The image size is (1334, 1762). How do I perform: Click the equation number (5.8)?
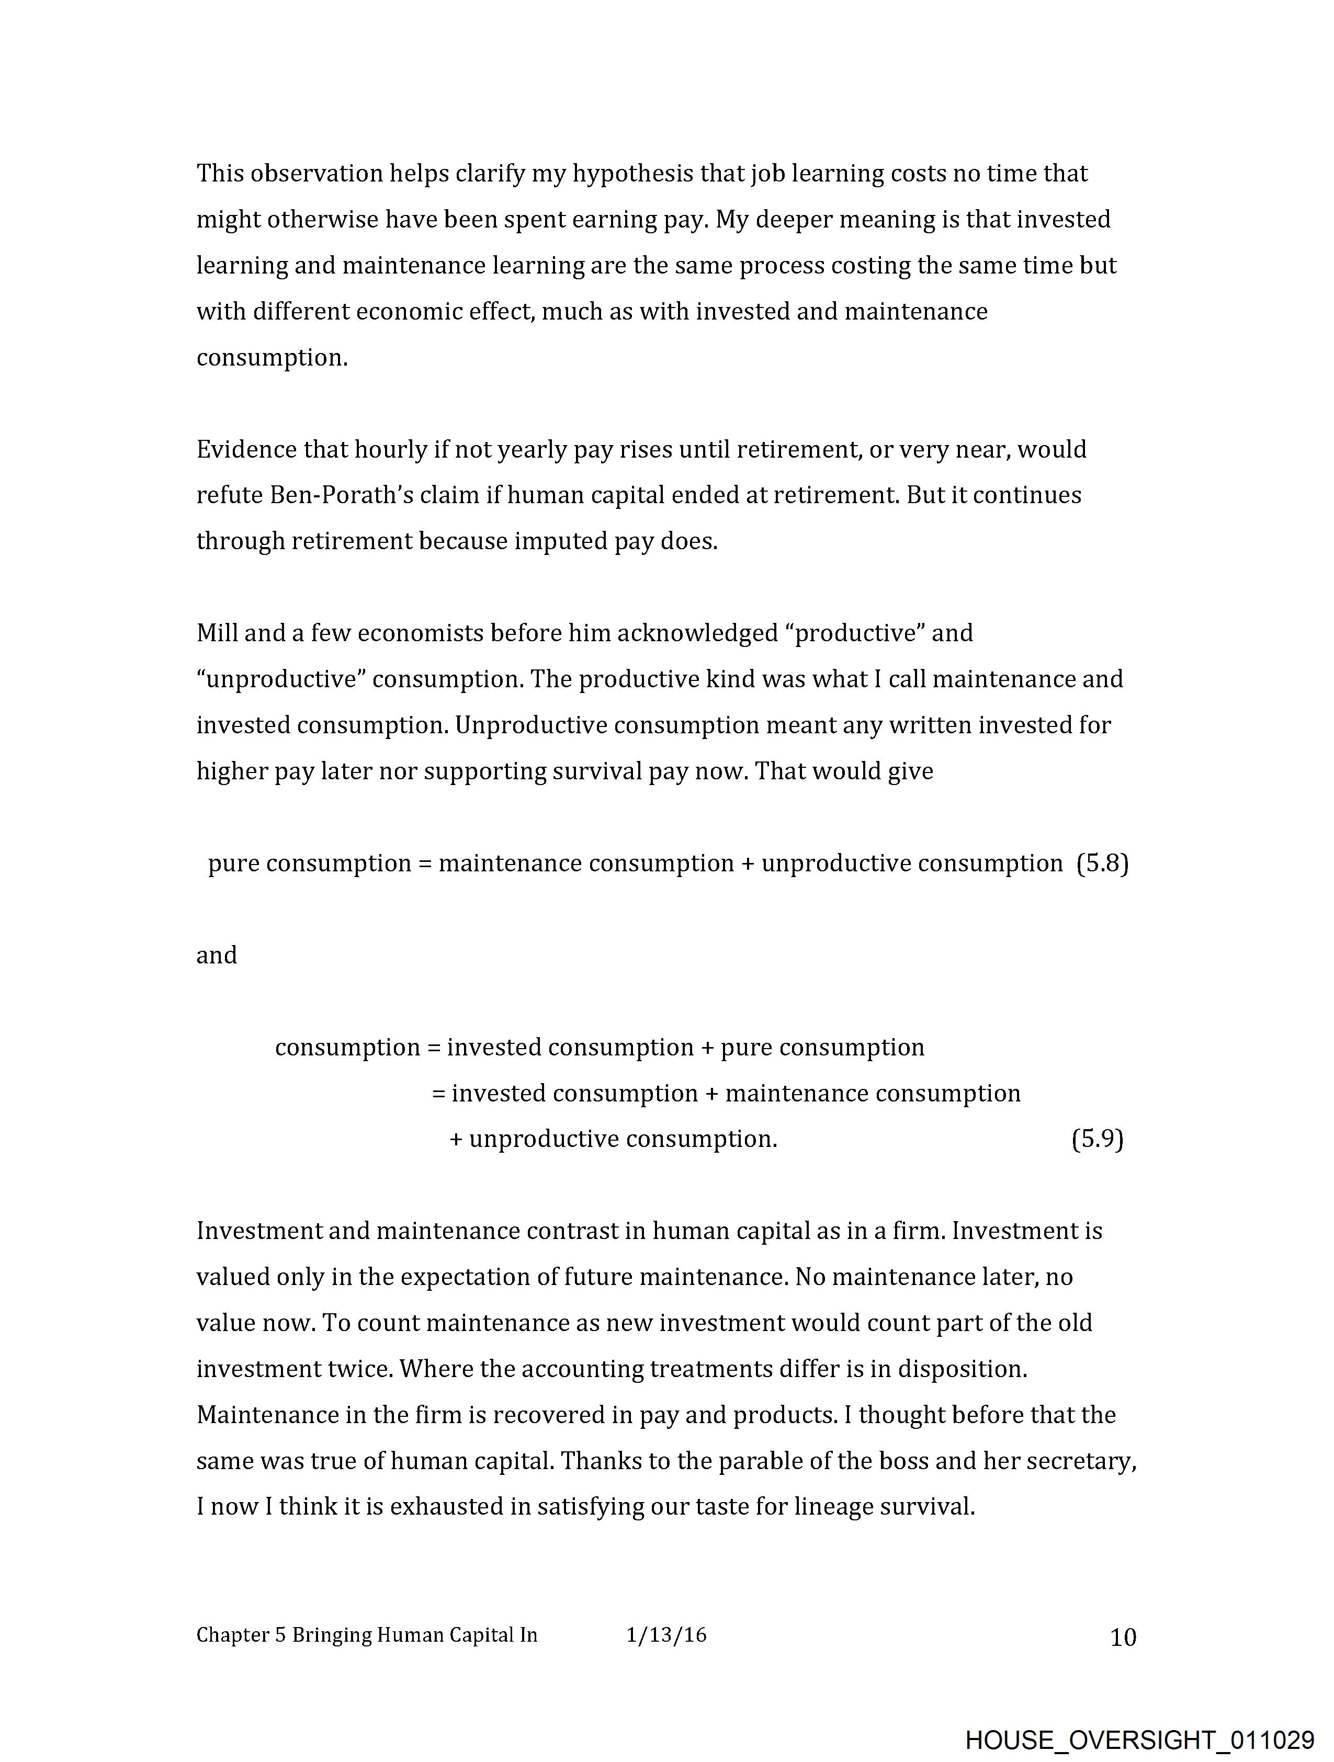pyautogui.click(x=1102, y=863)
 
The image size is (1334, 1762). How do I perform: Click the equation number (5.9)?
pyautogui.click(x=1098, y=1139)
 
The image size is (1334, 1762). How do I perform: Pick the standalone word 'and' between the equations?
pyautogui.click(x=217, y=955)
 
